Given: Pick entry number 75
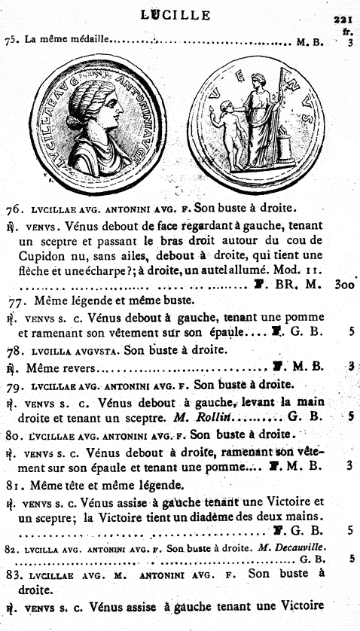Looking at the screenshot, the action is [x=13, y=41].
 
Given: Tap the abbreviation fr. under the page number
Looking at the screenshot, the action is [x=347, y=32].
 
